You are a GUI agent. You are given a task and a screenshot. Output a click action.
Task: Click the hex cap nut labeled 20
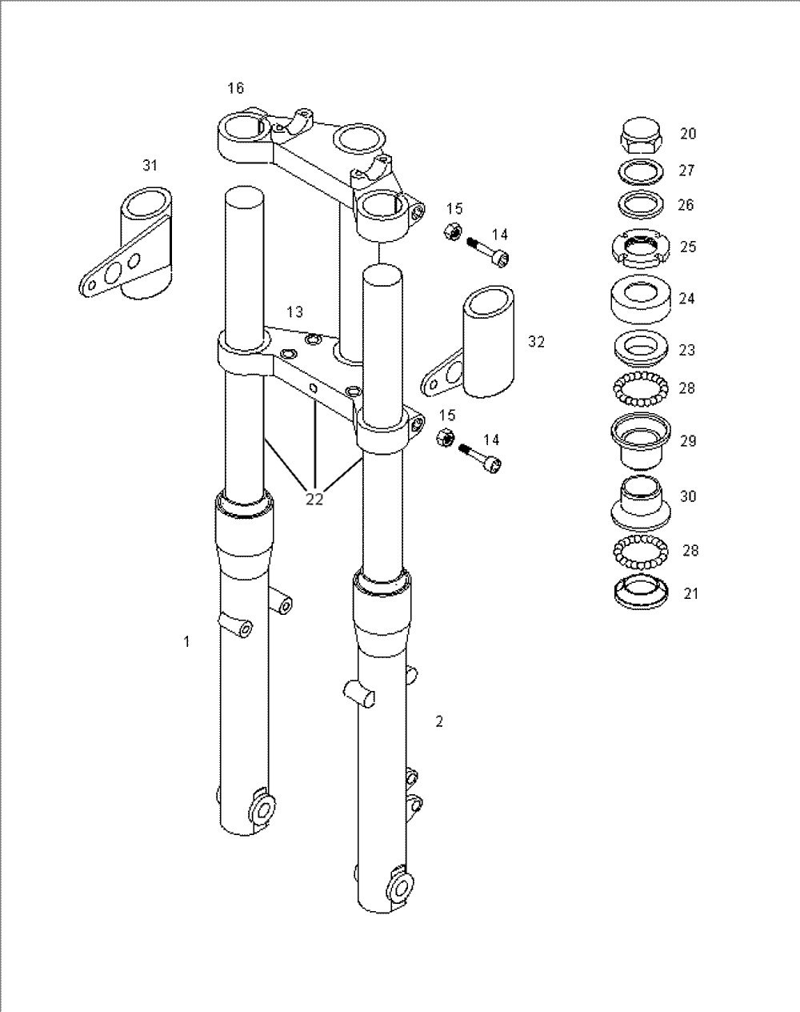641,136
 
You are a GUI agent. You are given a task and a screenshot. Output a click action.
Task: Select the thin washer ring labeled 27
641,171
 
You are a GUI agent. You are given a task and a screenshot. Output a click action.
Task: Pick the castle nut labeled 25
641,249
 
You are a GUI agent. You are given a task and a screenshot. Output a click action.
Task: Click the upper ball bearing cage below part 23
641,389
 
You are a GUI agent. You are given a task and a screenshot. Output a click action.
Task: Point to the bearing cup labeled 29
641,441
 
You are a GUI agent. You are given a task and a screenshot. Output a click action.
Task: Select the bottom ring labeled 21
641,594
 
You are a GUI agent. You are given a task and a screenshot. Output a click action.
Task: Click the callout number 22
314,499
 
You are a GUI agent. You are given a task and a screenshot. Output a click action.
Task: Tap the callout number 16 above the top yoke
236,88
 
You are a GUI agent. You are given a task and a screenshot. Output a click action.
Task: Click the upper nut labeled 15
452,231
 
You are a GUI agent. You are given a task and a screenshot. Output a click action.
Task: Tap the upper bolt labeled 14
488,252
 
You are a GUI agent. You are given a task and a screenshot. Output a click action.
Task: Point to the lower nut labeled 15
445,438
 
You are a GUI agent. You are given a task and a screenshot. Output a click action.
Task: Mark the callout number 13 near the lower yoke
295,311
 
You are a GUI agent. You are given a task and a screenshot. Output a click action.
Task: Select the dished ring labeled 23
641,349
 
